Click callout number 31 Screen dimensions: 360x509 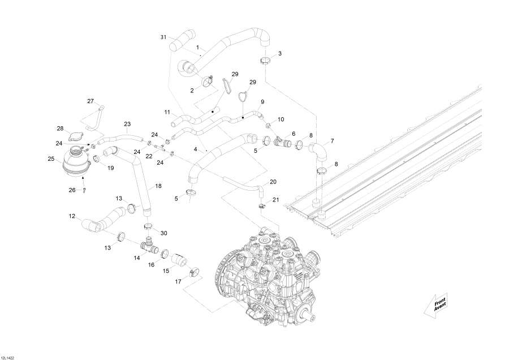[x=163, y=37]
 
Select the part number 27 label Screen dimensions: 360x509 [x=90, y=101]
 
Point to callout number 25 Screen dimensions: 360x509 [x=51, y=159]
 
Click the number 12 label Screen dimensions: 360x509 [x=72, y=216]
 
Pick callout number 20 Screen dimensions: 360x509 [x=273, y=182]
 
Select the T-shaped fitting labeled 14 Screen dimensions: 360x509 [x=149, y=246]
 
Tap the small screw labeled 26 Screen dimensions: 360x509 [x=84, y=191]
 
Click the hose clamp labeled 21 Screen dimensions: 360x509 [x=261, y=205]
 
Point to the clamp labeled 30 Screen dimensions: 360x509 [x=149, y=228]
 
